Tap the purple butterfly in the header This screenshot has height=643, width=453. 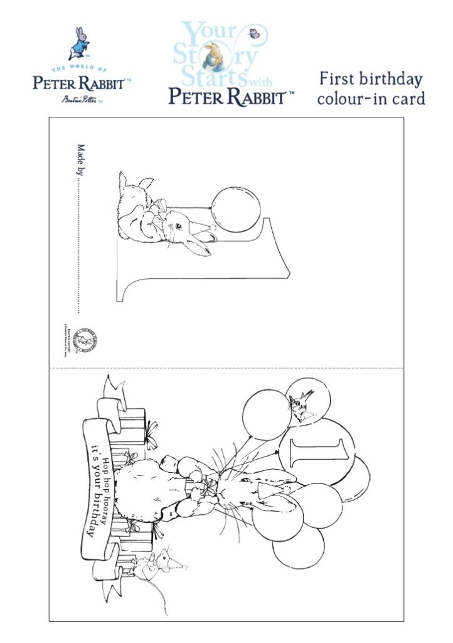pos(254,34)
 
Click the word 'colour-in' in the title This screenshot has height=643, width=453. pos(355,99)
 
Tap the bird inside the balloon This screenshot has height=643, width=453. pos(301,403)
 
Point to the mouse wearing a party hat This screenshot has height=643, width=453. pos(157,561)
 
